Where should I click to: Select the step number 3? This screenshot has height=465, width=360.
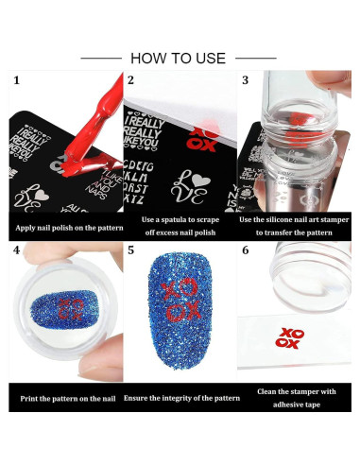coord(246,81)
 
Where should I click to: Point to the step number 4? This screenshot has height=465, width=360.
coord(16,251)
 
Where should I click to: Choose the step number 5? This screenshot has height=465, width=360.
coord(131,251)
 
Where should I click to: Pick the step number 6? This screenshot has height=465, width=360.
coord(246,251)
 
